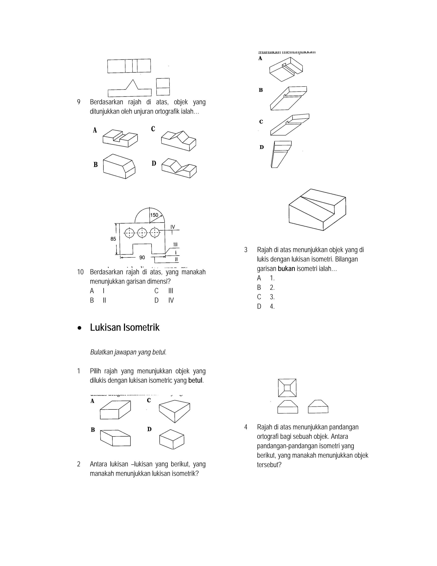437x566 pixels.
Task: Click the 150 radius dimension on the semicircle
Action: (154, 215)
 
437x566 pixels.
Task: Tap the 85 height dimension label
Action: (113, 239)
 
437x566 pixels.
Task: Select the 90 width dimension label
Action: (142, 258)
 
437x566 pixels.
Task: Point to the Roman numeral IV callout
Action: (173, 227)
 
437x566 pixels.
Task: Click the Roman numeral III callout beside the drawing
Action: (176, 244)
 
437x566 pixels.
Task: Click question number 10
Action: (80, 272)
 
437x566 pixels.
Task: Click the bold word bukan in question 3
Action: (286, 269)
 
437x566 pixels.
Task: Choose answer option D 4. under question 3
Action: (266, 306)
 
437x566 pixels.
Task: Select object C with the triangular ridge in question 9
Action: (179, 141)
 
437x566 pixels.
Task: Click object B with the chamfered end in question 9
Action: (119, 166)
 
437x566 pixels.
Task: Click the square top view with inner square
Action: (287, 388)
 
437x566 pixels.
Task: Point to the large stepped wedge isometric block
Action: (317, 210)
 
